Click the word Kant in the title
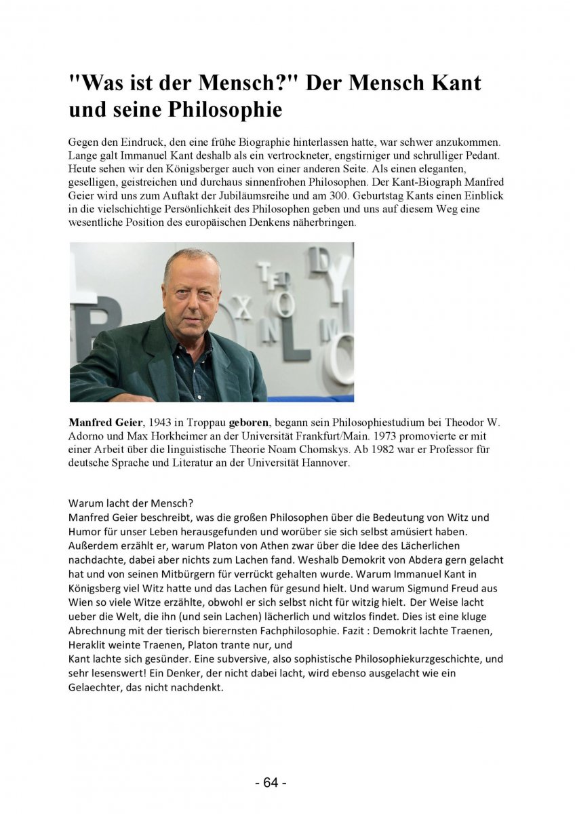coord(452,83)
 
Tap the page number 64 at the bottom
coord(271,783)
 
